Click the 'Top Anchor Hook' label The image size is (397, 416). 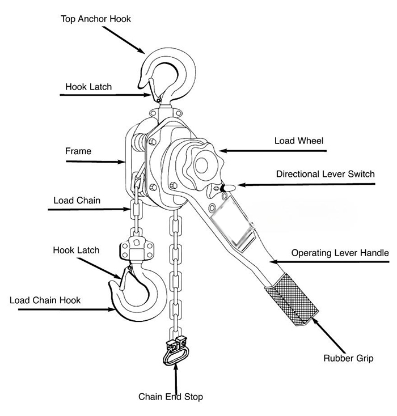95,19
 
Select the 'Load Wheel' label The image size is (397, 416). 299,140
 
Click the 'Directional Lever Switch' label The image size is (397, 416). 325,174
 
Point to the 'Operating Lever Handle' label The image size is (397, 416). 340,253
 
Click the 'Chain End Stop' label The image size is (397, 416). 170,397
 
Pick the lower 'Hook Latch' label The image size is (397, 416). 76,250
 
